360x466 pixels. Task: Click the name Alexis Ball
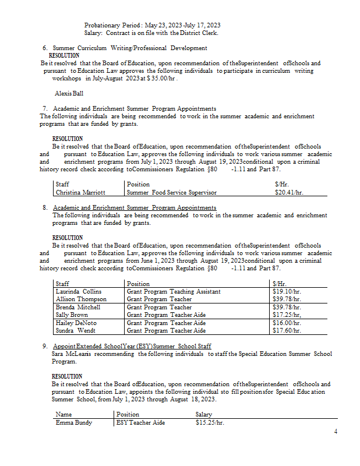69,93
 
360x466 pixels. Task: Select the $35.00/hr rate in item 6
161,77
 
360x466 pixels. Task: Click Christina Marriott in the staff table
80,192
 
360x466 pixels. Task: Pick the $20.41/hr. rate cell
288,192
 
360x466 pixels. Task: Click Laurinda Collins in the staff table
79,291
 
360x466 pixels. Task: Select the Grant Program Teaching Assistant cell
174,291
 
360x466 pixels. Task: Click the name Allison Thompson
81,299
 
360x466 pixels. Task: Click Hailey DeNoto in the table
77,323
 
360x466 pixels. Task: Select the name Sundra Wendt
76,330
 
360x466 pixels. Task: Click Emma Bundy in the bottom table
73,422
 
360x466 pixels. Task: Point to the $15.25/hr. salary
210,422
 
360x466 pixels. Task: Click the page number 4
336,432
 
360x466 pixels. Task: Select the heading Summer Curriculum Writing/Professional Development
130,48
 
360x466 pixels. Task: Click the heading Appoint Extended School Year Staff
132,346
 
